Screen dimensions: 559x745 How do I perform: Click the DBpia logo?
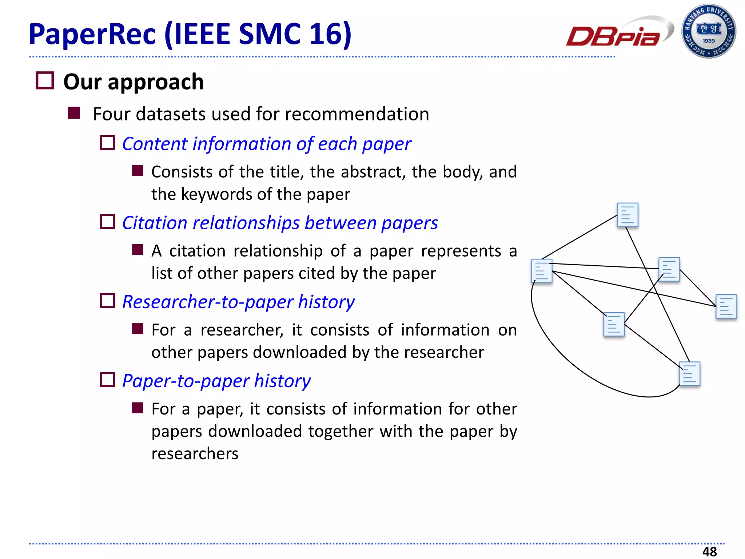click(615, 35)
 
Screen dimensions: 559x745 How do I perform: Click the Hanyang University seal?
click(708, 31)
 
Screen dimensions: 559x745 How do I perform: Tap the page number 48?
click(709, 551)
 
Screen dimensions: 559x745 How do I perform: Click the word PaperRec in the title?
click(92, 34)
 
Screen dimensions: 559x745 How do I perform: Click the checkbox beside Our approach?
click(45, 80)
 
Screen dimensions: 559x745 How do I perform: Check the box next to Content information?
click(108, 143)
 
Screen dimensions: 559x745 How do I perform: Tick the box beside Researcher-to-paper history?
click(108, 301)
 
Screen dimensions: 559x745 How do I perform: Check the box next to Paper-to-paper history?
click(108, 380)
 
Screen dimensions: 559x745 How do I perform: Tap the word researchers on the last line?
click(195, 454)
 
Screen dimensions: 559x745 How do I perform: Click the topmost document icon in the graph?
click(628, 215)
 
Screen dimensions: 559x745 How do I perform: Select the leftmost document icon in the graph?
click(542, 271)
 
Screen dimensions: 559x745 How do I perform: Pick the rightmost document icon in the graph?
click(726, 306)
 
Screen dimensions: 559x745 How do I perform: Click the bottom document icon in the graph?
click(690, 373)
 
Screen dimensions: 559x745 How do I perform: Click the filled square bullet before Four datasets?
click(74, 113)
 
